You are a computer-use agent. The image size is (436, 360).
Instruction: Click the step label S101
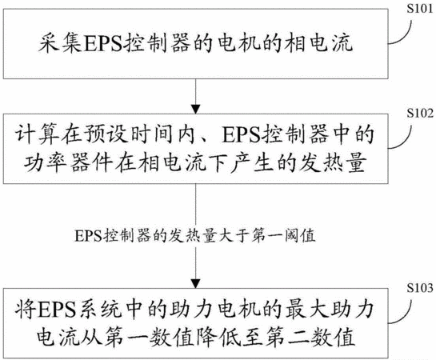420,9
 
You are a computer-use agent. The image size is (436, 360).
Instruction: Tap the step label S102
420,113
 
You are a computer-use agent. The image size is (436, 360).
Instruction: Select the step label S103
420,288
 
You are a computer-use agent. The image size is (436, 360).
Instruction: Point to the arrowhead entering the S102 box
196,109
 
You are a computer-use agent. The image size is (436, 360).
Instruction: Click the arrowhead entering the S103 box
196,284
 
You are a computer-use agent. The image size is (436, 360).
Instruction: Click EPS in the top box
102,44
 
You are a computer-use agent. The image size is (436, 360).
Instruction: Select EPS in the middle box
242,135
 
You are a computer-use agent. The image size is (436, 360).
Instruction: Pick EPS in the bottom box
57,310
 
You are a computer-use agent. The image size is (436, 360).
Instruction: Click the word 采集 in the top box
60,44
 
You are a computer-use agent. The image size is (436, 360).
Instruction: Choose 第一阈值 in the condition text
283,236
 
